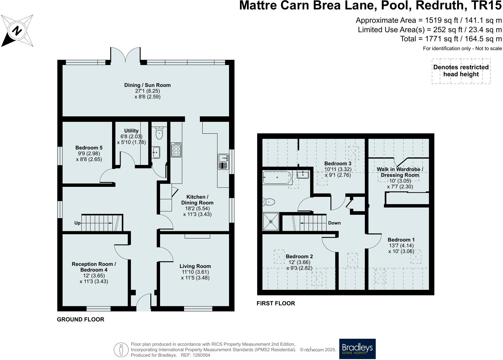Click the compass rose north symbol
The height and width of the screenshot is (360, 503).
point(17,31)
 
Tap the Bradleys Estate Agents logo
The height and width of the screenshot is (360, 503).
point(357,349)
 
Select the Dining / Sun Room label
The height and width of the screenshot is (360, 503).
point(148,85)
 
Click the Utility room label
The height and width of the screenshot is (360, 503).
point(131,131)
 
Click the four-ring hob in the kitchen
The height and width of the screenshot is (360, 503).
point(176,150)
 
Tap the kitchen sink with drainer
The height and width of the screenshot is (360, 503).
point(224,162)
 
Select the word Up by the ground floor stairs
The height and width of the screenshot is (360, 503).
point(77,223)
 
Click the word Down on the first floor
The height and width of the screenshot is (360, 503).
point(334,223)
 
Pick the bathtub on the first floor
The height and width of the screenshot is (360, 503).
point(277,177)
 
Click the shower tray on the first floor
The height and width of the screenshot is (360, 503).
point(271,222)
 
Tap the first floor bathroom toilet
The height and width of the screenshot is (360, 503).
point(269,202)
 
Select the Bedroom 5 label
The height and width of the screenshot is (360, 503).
point(89,148)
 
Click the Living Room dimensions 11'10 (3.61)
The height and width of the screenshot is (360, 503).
point(195,272)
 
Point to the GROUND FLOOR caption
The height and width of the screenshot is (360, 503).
point(80,319)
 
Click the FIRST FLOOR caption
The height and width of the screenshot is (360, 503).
point(276,303)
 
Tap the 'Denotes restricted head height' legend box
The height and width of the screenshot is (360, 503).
point(461,71)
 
